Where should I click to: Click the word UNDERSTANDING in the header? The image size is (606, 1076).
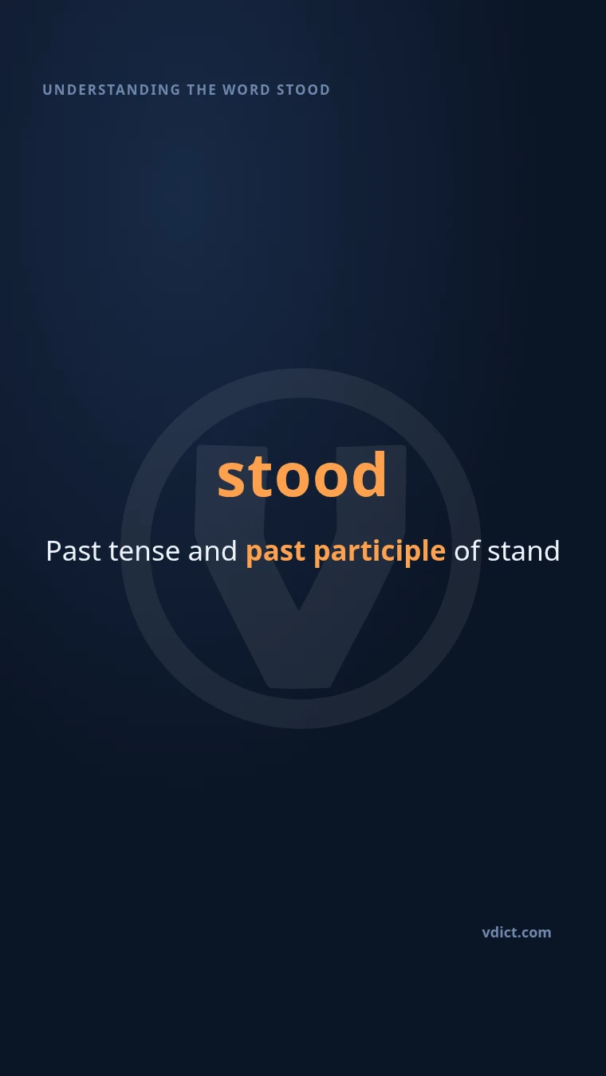(x=111, y=90)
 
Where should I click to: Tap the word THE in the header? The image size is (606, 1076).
(x=202, y=90)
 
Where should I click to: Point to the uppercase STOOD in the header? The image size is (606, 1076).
(x=304, y=90)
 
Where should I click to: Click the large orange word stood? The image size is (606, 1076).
(x=301, y=475)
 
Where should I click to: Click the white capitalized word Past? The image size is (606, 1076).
(x=73, y=550)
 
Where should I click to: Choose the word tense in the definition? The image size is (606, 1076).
(x=144, y=551)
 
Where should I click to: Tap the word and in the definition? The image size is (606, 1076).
(x=212, y=550)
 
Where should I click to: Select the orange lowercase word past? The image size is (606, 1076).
(x=276, y=554)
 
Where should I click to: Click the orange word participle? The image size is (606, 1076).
(x=380, y=553)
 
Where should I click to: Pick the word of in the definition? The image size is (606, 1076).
(x=467, y=550)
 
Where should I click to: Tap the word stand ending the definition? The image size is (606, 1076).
(x=524, y=550)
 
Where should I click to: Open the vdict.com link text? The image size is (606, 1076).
(x=517, y=933)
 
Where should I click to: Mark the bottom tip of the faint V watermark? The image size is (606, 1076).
(x=299, y=688)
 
